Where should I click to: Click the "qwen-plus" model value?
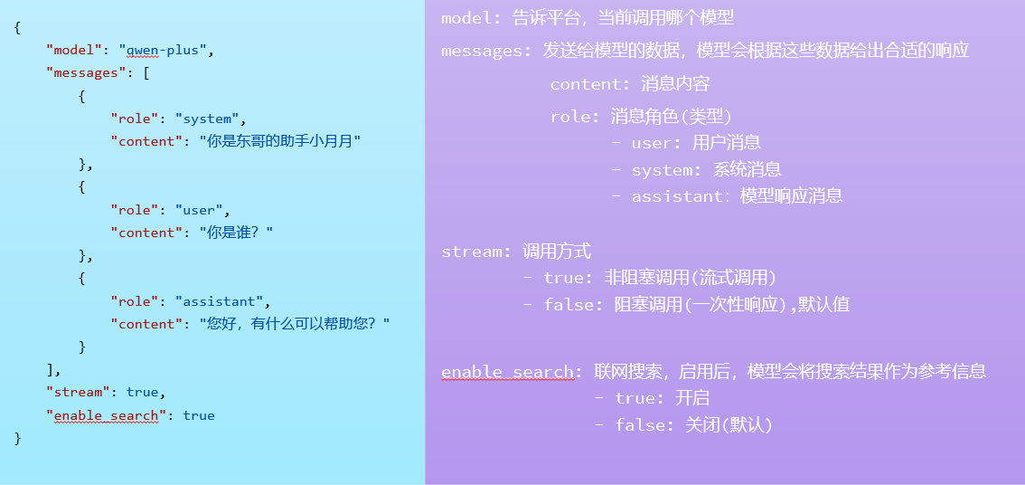tap(163, 50)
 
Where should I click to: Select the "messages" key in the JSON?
tap(81, 72)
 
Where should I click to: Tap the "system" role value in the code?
tap(207, 119)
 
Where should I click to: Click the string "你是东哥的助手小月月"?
tap(280, 141)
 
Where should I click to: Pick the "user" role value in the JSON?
tap(199, 210)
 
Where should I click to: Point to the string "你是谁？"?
tap(236, 233)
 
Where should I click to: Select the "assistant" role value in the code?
tap(219, 301)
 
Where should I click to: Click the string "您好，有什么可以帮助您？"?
tap(295, 324)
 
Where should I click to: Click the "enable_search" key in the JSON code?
tap(103, 415)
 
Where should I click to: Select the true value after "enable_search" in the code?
tap(199, 415)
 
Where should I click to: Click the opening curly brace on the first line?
tap(18, 27)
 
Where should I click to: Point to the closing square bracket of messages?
tap(50, 370)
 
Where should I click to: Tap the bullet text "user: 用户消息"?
tap(686, 143)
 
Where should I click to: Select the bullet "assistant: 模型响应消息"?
tap(727, 195)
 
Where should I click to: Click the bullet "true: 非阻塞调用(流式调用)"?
tap(650, 278)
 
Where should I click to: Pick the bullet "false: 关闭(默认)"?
tap(683, 425)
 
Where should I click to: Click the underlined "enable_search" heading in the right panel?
tap(507, 373)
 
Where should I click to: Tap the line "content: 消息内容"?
tap(630, 84)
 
